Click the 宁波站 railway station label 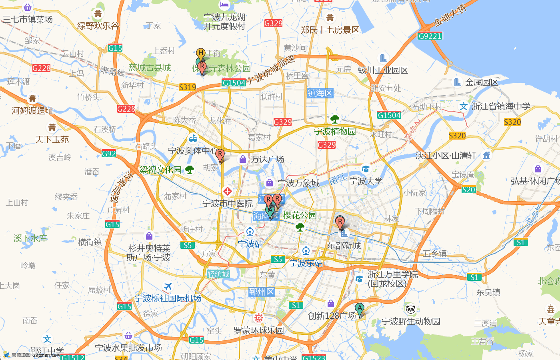(x=250, y=244)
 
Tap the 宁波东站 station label (x=306, y=263)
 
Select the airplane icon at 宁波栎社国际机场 (x=168, y=286)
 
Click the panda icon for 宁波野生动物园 (x=411, y=309)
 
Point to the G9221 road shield (x=430, y=36)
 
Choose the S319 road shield (x=188, y=87)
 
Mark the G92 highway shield (x=109, y=154)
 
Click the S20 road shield (x=468, y=190)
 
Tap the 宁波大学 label (x=366, y=181)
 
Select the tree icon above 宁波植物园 (x=335, y=119)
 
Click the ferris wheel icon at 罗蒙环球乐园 (x=259, y=318)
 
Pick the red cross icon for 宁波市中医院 (x=228, y=191)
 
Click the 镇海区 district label (x=320, y=93)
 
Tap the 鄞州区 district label (x=262, y=292)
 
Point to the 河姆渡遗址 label (x=32, y=111)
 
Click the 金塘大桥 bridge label (x=450, y=16)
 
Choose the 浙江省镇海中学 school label (x=501, y=106)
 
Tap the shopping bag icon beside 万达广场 (x=242, y=159)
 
